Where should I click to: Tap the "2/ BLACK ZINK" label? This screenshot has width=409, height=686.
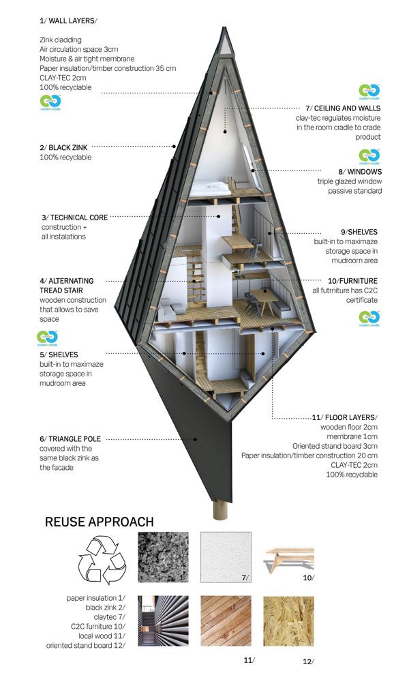[63, 147]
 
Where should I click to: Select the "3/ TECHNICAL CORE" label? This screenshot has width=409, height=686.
[74, 218]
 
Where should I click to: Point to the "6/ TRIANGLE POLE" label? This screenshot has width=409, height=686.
[70, 439]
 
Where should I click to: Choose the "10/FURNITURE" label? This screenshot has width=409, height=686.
[352, 281]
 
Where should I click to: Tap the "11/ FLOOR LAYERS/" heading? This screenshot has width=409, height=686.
[345, 417]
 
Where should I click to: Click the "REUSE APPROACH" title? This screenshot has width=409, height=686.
[100, 522]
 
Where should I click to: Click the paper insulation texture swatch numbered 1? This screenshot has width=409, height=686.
[163, 557]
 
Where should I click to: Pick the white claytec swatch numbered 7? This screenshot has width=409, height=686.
[226, 557]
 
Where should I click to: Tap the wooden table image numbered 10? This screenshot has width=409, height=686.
[289, 560]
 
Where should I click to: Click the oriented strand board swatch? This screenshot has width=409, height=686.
[289, 621]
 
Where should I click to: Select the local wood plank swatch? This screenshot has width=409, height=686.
[226, 621]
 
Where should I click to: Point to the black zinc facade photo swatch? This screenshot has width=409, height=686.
[163, 621]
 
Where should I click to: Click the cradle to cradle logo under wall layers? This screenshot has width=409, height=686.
[50, 103]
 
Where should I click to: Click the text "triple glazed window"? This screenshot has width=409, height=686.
[350, 181]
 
